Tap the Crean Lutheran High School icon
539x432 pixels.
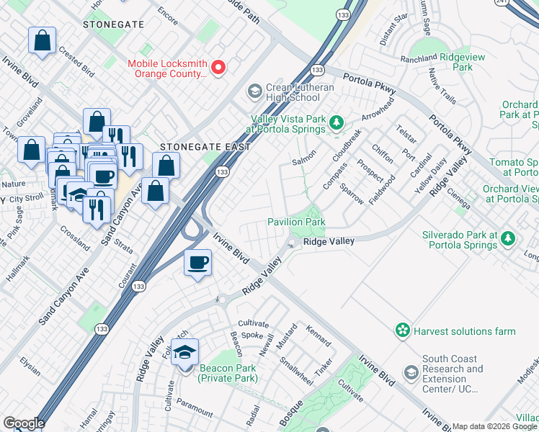(x=254, y=91)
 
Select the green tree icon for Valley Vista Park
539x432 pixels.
(x=335, y=124)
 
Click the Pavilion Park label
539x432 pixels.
(x=296, y=222)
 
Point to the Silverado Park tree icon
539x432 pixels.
(x=508, y=239)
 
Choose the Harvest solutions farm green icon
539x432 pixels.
(x=402, y=330)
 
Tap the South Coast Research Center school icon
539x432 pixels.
(x=411, y=373)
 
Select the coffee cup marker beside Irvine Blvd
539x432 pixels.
(x=197, y=263)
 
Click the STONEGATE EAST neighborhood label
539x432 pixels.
(x=205, y=147)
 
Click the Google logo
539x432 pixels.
(x=23, y=423)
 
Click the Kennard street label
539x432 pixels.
(x=318, y=337)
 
